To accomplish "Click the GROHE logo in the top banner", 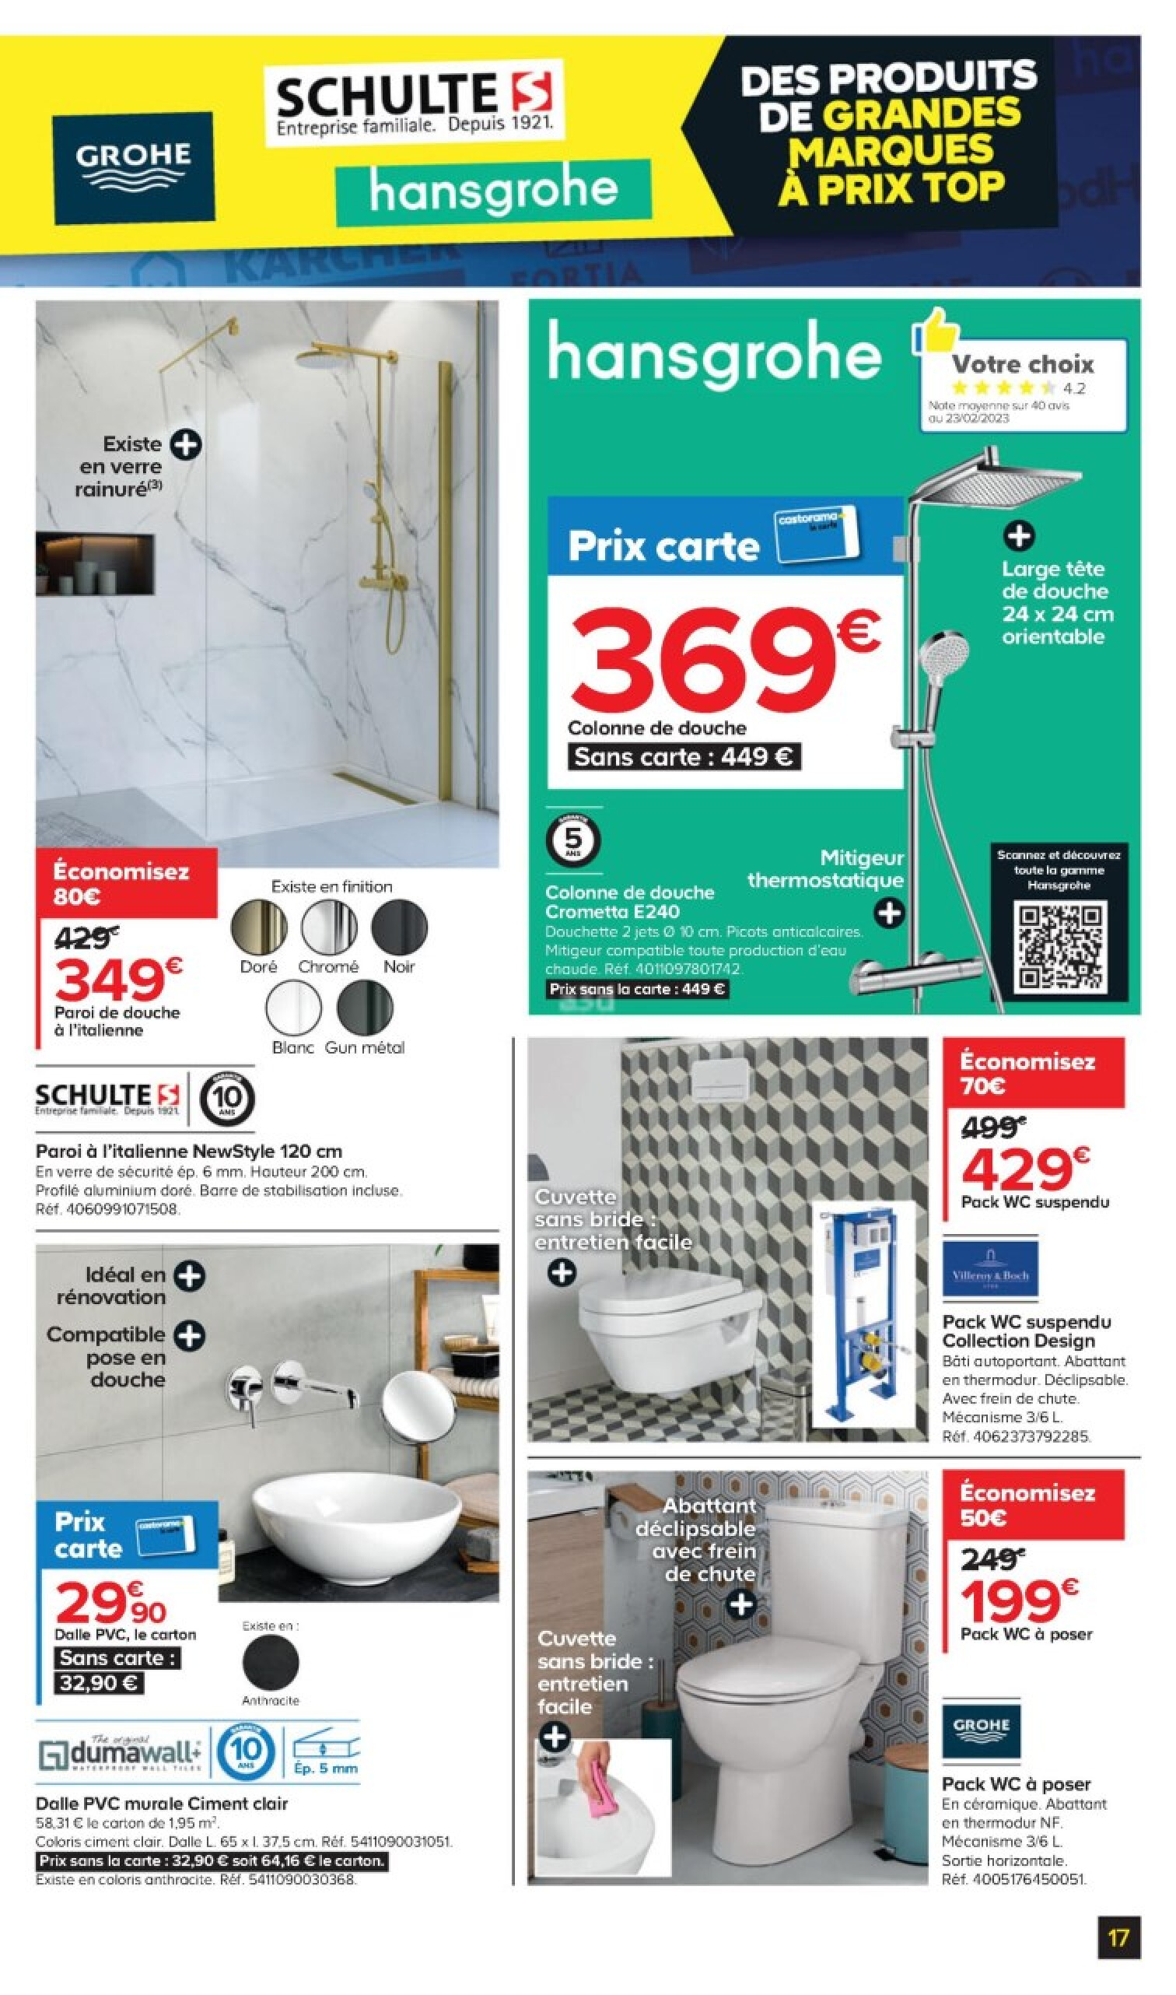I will click(134, 167).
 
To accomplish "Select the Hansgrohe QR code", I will click(1060, 948).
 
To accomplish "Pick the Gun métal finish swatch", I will click(365, 1008).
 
